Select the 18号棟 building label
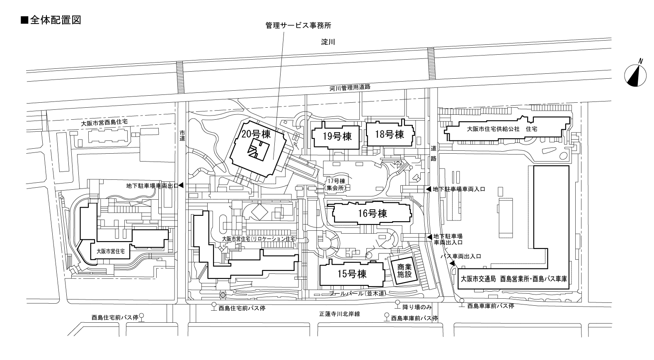tap(390, 134)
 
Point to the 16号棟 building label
tap(372, 213)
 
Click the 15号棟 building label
tap(352, 274)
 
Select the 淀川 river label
tap(328, 42)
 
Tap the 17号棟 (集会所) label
tap(336, 184)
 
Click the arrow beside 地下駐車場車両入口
tap(429, 189)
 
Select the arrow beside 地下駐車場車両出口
tap(181, 186)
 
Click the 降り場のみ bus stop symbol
tap(397, 303)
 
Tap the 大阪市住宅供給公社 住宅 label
tap(502, 129)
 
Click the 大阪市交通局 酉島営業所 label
tap(514, 279)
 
